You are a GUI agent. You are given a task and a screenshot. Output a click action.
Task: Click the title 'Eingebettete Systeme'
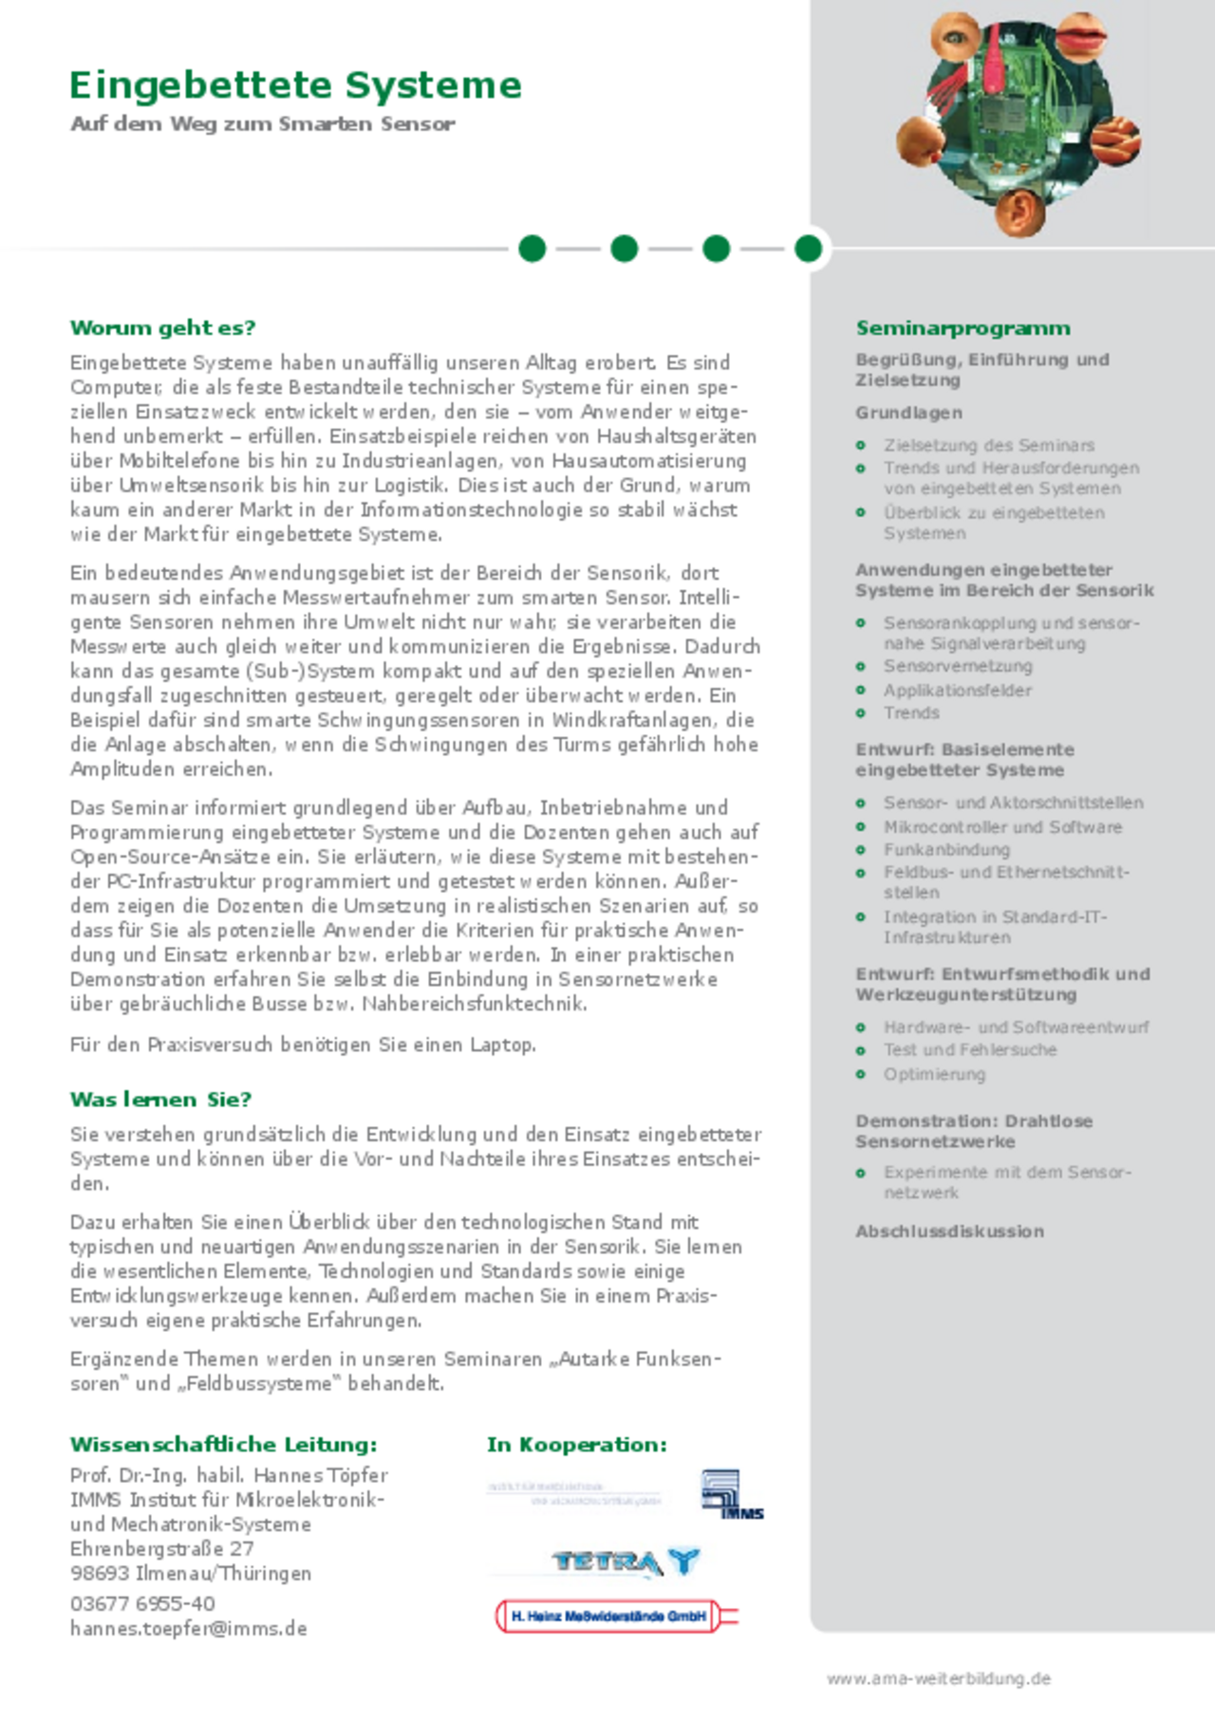coord(295,85)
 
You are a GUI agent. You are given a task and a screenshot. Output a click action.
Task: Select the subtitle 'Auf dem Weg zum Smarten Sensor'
coord(263,124)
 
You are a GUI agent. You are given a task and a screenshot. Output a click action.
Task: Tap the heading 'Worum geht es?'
coord(162,328)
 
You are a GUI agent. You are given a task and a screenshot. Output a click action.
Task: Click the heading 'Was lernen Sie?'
coord(160,1100)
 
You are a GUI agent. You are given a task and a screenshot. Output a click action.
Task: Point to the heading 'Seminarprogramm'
coord(963,328)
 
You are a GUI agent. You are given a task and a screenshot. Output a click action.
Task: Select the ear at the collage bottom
coord(1021,211)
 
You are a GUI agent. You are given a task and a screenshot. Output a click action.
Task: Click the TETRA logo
coord(626,1562)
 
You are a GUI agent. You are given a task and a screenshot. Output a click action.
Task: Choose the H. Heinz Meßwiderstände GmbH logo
coord(616,1616)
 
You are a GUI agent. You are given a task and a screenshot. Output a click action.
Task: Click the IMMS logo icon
coord(731,1493)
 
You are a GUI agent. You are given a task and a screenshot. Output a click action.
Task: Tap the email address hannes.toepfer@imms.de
coord(188,1629)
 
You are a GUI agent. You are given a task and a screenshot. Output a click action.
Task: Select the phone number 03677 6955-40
coord(142,1603)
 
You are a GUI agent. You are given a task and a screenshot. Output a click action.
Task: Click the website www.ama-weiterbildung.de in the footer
coord(939,1678)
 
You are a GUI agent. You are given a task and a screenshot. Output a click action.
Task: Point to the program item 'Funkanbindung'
coord(946,850)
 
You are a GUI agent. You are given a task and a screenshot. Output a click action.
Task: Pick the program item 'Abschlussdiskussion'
coord(949,1231)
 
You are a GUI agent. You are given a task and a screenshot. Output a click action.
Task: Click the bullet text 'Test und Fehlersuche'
coord(969,1050)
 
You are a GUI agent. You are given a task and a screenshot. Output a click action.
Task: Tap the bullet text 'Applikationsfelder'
coord(957,691)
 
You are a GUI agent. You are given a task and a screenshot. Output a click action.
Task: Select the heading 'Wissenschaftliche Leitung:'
coord(223,1445)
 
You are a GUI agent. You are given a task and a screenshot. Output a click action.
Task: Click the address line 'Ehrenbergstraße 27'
coord(161,1548)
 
